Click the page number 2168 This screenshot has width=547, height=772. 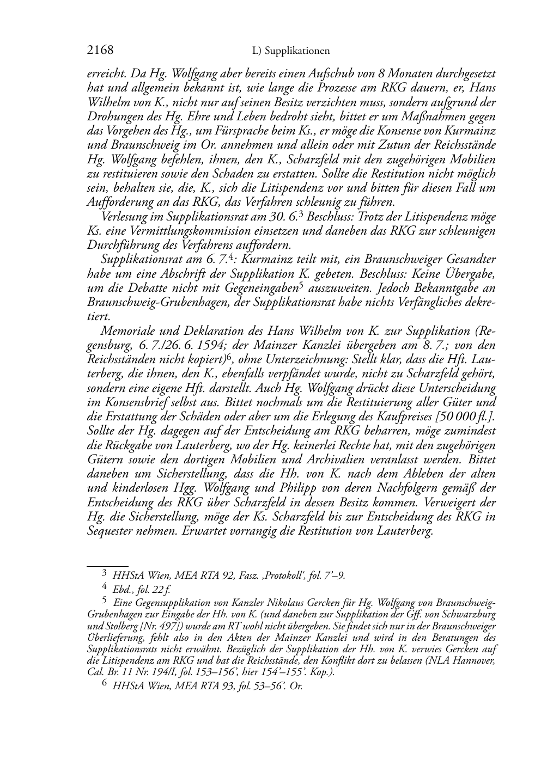tap(100, 51)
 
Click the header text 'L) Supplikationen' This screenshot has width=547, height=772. tap(291, 51)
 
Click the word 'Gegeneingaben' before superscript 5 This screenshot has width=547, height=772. tap(258, 287)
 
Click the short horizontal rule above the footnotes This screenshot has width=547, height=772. tap(107, 566)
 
